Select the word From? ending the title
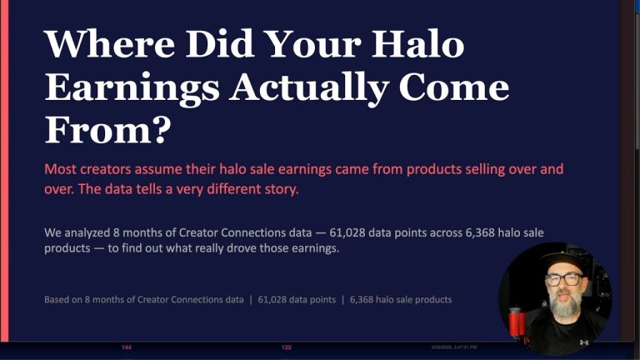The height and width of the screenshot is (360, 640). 107,130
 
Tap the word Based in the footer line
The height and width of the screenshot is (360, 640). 59,299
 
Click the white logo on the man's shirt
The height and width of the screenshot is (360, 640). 583,342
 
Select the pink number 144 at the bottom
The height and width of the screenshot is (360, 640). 126,347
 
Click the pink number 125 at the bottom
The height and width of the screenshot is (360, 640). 286,347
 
